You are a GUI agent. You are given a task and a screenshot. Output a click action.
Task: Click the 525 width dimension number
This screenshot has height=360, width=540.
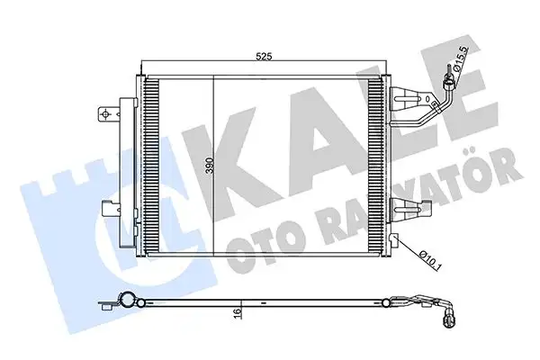[264, 56]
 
